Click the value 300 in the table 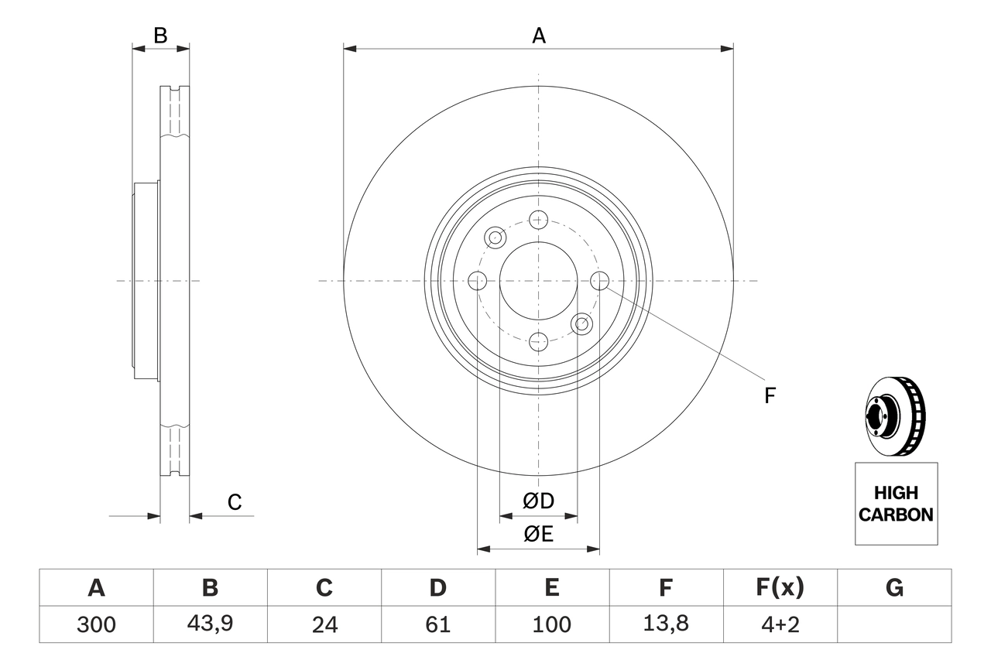click(96, 624)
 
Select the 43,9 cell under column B click(210, 624)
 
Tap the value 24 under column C click(324, 624)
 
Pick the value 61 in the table click(437, 624)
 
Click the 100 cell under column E click(551, 624)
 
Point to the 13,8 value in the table click(665, 624)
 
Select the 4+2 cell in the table click(780, 624)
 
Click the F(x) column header click(780, 588)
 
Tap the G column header click(894, 588)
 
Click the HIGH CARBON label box click(896, 504)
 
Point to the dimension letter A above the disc click(538, 36)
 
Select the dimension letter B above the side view click(160, 36)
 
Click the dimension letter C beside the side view click(235, 502)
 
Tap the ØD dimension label click(539, 501)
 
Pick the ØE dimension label click(539, 535)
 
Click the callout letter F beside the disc click(770, 396)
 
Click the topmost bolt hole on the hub click(539, 220)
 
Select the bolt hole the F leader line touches click(600, 280)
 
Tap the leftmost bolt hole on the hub click(478, 281)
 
